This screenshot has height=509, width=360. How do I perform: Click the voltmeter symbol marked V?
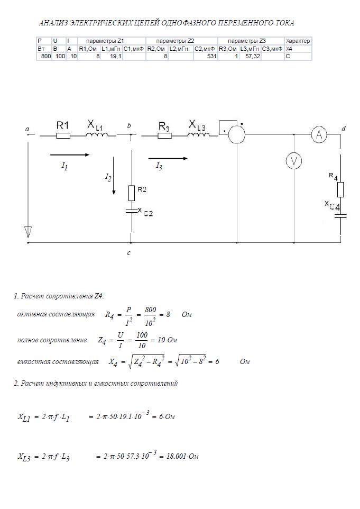click(x=294, y=161)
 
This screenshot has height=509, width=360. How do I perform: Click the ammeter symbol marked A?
click(x=319, y=134)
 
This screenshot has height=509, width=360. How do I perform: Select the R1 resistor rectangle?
click(x=63, y=135)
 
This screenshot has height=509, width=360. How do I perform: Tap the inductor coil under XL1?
click(x=97, y=135)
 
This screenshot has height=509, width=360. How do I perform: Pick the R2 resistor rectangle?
click(x=131, y=193)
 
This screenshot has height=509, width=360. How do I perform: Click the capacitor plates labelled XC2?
click(x=131, y=211)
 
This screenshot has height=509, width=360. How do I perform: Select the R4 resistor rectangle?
click(x=340, y=189)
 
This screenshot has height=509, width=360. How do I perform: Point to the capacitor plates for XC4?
click(x=340, y=215)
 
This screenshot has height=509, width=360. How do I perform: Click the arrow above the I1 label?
click(x=70, y=155)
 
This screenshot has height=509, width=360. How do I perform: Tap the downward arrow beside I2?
click(x=114, y=176)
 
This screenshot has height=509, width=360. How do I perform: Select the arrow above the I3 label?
click(x=168, y=158)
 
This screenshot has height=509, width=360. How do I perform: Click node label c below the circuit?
click(x=129, y=252)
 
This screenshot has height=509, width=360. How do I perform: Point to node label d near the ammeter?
click(x=344, y=129)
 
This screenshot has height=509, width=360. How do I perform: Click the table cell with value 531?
click(x=206, y=56)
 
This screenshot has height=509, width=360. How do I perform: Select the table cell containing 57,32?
click(x=250, y=56)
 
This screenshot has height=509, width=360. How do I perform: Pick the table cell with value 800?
click(x=44, y=56)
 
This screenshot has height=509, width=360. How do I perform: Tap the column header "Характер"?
click(x=298, y=41)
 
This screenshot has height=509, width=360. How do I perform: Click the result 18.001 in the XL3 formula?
click(x=175, y=456)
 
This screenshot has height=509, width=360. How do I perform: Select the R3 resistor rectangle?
click(x=165, y=135)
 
